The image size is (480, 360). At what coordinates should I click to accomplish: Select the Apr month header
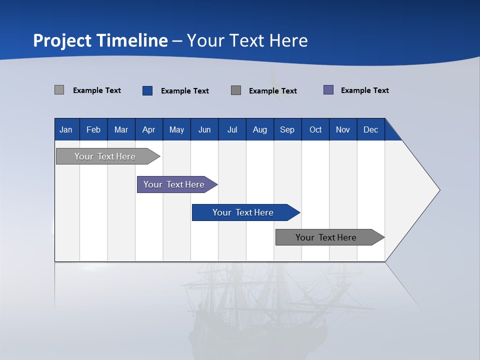click(x=149, y=129)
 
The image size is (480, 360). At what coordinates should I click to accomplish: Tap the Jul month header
click(x=232, y=129)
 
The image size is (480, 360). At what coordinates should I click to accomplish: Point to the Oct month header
click(x=315, y=129)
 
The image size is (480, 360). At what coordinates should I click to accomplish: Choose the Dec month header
click(x=371, y=129)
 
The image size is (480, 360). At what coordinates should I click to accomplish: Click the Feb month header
click(x=93, y=129)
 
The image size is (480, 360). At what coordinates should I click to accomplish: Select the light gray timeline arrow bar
click(x=108, y=156)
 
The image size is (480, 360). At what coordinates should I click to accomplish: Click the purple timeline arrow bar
click(x=177, y=184)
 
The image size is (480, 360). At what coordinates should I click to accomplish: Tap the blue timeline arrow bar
click(x=246, y=212)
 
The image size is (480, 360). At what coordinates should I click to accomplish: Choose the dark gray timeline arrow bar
click(x=330, y=237)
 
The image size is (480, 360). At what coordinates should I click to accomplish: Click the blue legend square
click(x=147, y=90)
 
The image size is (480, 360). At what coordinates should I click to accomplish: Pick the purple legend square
click(x=328, y=89)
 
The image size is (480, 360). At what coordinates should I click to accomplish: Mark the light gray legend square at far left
click(x=59, y=89)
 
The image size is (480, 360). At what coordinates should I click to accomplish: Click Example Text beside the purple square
click(x=365, y=90)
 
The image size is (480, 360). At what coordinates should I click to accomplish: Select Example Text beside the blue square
click(x=185, y=91)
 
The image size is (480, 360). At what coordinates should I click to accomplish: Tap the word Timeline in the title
click(x=132, y=40)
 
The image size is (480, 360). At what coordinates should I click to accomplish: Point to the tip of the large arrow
click(x=440, y=190)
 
